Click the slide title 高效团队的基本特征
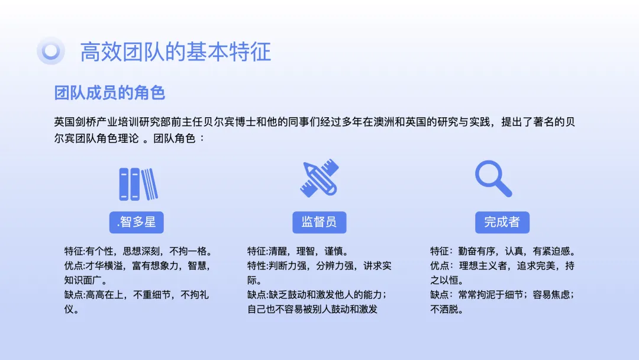(x=175, y=52)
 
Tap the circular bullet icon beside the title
(x=51, y=51)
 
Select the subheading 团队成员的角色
(x=109, y=93)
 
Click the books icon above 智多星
(x=138, y=184)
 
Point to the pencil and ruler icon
(x=319, y=178)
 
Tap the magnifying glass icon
(x=493, y=179)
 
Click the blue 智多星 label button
(x=137, y=222)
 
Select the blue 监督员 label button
(x=319, y=222)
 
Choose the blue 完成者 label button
(x=502, y=222)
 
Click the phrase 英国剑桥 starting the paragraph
(x=75, y=122)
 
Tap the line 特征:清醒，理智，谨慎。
(x=298, y=251)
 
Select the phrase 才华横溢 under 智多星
(x=104, y=266)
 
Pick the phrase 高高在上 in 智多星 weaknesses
(x=104, y=295)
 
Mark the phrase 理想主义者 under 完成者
(x=483, y=266)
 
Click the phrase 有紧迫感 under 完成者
(x=551, y=251)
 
